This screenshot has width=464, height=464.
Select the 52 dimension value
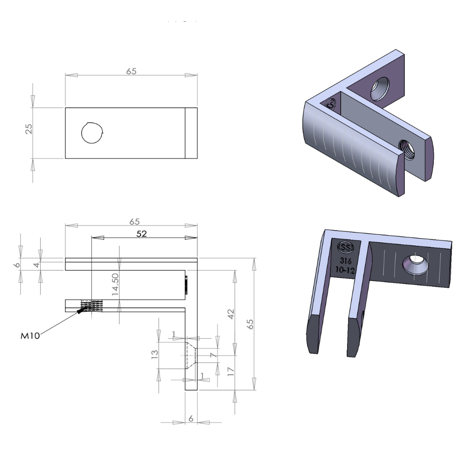pyautogui.click(x=142, y=234)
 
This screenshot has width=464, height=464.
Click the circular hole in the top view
pyautogui.click(x=92, y=133)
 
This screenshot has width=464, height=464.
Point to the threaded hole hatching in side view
pyautogui.click(x=91, y=306)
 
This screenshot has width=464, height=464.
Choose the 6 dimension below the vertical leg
pyautogui.click(x=190, y=418)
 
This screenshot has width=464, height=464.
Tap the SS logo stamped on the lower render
pyautogui.click(x=345, y=247)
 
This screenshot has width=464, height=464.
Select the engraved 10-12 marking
pyautogui.click(x=345, y=270)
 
